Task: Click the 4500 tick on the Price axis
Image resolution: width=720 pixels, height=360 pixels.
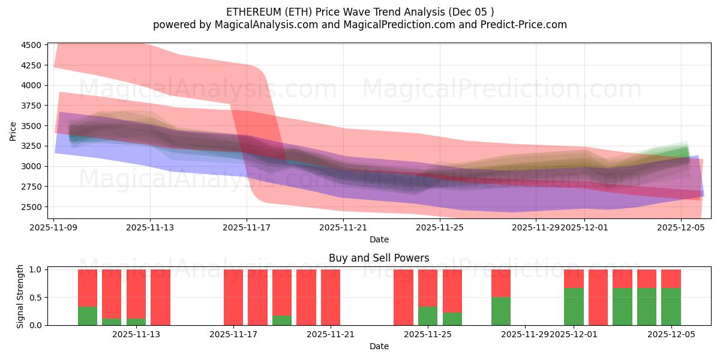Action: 31,45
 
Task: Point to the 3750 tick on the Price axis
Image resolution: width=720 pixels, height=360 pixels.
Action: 31,106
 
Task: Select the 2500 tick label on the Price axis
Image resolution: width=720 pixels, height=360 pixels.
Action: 31,207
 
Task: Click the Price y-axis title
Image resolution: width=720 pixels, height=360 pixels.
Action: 13,131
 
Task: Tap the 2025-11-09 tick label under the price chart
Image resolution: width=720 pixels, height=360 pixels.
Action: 54,228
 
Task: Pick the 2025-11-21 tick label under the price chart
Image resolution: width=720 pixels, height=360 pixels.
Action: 343,228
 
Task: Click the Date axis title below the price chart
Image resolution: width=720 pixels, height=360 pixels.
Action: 379,240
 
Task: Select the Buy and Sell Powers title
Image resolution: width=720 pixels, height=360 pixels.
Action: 379,259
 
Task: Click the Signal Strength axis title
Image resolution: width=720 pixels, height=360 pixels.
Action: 20,297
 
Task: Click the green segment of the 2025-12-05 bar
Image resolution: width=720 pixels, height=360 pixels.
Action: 671,307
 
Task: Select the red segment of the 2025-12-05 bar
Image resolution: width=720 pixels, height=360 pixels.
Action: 671,278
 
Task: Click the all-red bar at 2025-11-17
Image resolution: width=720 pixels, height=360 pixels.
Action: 233,297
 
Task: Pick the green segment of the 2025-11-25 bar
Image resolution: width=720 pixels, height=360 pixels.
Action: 428,316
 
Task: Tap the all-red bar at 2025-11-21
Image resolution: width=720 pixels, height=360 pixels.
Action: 331,297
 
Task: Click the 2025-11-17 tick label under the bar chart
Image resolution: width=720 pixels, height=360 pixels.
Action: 233,335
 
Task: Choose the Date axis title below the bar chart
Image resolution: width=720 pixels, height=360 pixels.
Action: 379,346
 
